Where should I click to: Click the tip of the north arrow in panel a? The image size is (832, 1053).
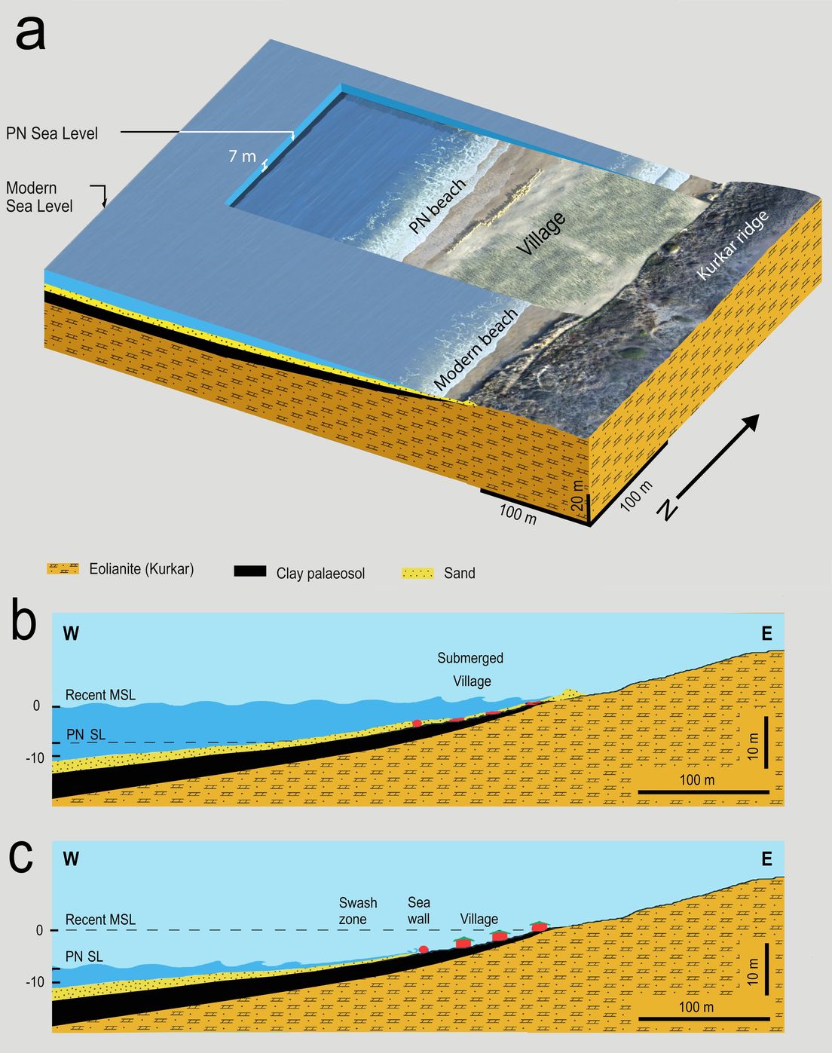point(759,415)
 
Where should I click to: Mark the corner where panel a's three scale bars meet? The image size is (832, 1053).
point(590,525)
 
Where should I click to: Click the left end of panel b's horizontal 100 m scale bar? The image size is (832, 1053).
point(638,791)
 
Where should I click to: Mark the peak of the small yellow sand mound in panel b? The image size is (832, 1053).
point(567,690)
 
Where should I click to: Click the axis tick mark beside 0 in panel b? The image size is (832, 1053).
point(56,706)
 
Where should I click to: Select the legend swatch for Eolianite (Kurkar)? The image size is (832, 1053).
point(63,568)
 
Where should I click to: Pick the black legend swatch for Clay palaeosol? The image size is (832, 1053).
point(250,571)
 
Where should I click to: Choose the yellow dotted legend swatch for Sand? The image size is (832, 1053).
point(418,573)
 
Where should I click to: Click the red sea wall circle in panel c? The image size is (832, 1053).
point(424,950)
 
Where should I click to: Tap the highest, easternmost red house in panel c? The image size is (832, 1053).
point(539,926)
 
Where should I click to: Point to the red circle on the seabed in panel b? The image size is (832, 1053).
point(417,723)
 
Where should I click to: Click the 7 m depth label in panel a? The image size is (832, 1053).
point(242,156)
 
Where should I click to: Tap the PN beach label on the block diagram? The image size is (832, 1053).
point(437,206)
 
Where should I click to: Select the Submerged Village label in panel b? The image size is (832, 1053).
point(470,669)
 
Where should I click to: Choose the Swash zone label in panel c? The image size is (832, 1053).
point(358,911)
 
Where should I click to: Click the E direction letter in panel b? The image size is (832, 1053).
point(766,634)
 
